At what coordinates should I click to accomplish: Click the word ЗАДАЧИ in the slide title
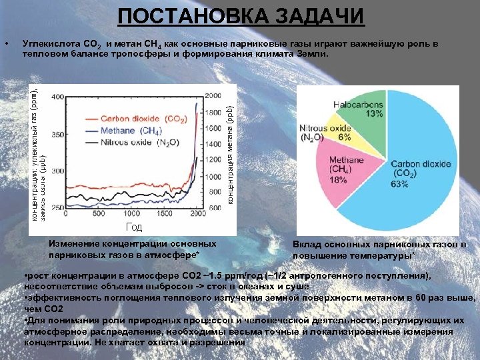[x=319, y=16]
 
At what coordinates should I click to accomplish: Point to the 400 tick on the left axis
[x=59, y=97]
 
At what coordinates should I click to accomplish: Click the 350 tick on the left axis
[x=59, y=134]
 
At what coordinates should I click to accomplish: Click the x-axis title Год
[x=134, y=228]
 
